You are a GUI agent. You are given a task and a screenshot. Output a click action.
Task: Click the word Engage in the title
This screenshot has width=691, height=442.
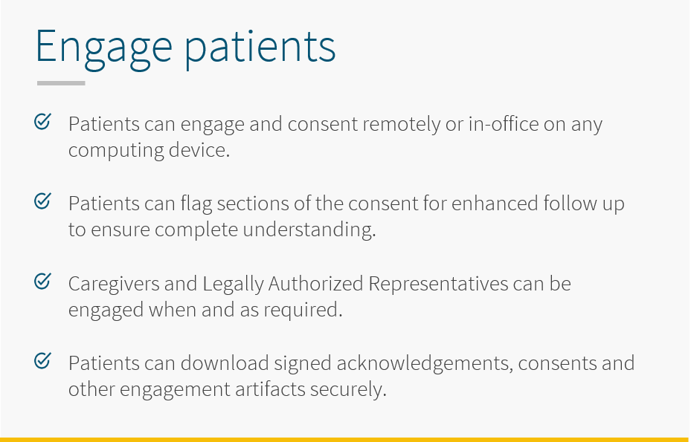click(104, 48)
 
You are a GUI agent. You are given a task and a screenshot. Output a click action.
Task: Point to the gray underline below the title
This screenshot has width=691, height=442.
click(61, 82)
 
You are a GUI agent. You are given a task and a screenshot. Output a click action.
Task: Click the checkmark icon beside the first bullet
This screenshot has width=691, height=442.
click(42, 122)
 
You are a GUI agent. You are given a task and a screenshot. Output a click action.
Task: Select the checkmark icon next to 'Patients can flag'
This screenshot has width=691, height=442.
click(42, 201)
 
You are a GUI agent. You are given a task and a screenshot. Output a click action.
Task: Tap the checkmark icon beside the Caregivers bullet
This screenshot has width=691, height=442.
click(42, 282)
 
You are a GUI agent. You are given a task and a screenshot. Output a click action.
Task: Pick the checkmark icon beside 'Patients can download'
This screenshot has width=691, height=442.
click(42, 361)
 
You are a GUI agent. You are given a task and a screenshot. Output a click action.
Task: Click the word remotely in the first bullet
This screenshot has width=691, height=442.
click(402, 125)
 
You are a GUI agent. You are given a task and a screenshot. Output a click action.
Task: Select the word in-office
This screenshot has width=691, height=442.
click(504, 124)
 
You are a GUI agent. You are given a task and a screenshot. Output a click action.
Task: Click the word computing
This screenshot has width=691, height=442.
click(116, 151)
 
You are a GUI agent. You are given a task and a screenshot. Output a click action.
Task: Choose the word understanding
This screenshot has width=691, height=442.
click(309, 230)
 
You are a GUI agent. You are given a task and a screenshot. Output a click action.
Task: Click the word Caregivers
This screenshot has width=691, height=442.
click(114, 284)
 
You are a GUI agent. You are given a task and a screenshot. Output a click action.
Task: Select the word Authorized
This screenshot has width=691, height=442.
click(315, 284)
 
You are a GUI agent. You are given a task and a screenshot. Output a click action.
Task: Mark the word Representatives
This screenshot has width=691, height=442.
click(438, 284)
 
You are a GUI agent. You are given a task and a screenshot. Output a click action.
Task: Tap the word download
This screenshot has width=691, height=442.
click(225, 363)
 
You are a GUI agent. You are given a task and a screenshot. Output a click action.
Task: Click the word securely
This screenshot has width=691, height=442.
click(348, 390)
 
